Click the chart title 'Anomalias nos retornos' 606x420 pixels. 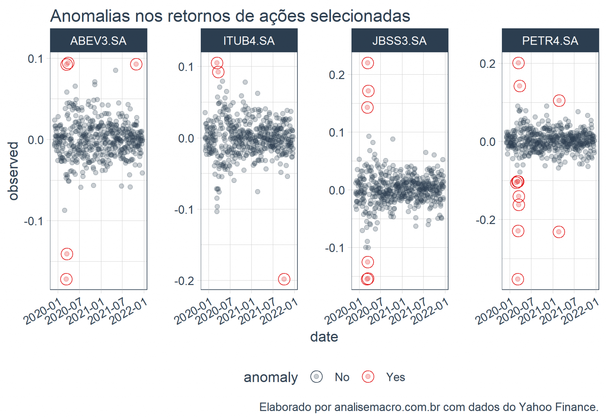coord(230,16)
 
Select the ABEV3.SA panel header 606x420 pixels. coord(98,41)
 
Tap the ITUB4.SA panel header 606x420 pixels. coord(249,41)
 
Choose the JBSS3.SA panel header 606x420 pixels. coord(399,41)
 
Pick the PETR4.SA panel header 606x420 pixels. coord(550,41)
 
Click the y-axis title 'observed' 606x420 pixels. coord(13,171)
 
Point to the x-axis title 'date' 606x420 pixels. coord(324,337)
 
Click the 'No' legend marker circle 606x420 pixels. coord(316,377)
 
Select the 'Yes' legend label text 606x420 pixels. coord(395,377)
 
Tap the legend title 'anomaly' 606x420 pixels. coord(271,377)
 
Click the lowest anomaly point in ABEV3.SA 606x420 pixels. coord(66,279)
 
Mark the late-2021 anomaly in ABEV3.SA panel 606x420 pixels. coord(136,64)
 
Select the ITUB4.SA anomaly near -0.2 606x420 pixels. coord(284,279)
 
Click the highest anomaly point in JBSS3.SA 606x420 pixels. coord(368,63)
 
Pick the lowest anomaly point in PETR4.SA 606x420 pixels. coord(518,279)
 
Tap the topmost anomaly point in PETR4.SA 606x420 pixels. coord(518,63)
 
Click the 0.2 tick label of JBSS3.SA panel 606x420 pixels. coord(337,75)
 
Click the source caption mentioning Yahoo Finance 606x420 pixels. coord(428,407)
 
